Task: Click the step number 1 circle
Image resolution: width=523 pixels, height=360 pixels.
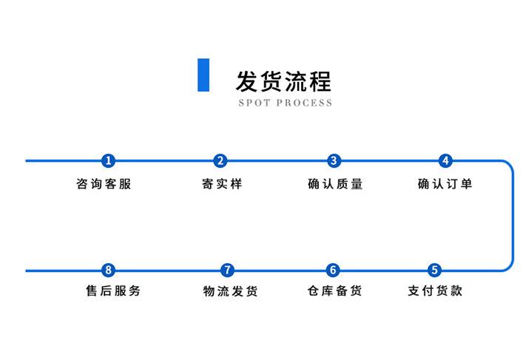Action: (x=109, y=160)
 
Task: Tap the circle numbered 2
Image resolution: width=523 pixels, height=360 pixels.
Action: (x=220, y=160)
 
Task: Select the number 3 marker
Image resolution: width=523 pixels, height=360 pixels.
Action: (x=334, y=160)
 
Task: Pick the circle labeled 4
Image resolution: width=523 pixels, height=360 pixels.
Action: (x=445, y=160)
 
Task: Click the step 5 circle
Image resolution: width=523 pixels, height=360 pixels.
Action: (x=434, y=271)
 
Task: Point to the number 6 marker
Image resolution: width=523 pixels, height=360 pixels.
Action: (x=333, y=271)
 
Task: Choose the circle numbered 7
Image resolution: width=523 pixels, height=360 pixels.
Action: (x=228, y=271)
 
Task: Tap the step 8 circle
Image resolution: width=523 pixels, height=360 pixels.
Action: (x=109, y=271)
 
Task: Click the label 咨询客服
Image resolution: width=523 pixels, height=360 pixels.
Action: (x=104, y=184)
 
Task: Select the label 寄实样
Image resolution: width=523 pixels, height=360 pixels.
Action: (x=221, y=184)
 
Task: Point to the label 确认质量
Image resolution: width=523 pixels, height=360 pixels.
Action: (x=335, y=184)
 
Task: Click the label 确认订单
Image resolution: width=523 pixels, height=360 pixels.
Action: (x=445, y=184)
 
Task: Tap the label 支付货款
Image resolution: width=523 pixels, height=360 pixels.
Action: (x=435, y=291)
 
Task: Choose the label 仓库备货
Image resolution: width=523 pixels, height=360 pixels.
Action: (x=334, y=291)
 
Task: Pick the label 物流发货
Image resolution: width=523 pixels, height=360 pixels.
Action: (x=230, y=291)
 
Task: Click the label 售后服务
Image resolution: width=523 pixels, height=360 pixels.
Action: (x=113, y=291)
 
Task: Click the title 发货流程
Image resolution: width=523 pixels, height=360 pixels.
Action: (x=283, y=79)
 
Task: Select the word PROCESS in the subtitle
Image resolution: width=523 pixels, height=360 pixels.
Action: (x=304, y=103)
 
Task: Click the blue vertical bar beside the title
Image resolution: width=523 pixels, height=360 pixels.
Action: (x=203, y=75)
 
